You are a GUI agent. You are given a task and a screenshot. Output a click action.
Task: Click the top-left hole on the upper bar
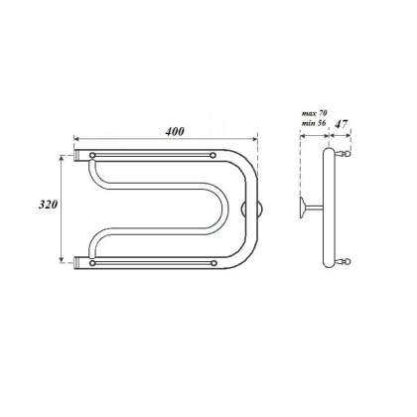(x=93, y=156)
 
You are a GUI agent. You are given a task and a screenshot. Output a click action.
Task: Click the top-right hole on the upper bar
(x=215, y=156)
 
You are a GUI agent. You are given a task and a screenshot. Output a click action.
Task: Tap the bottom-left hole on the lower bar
(x=93, y=263)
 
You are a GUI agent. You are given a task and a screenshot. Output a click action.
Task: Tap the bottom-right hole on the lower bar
(x=215, y=263)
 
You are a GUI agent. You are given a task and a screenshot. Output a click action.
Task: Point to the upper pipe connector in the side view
(x=345, y=155)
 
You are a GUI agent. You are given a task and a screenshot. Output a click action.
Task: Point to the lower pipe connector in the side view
(x=345, y=261)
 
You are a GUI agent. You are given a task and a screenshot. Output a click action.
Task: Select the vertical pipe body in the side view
(x=329, y=208)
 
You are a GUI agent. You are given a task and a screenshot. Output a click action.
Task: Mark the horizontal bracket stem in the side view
(x=314, y=208)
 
